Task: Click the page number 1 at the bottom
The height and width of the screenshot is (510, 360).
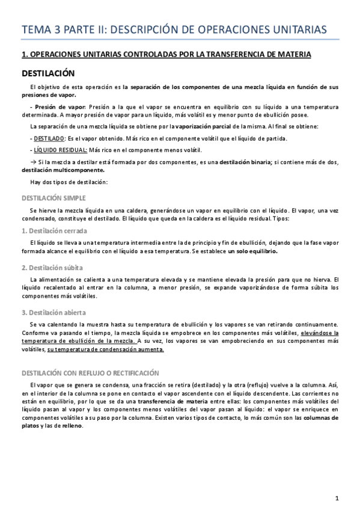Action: tap(337, 498)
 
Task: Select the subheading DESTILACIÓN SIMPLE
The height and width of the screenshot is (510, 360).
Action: tap(53, 198)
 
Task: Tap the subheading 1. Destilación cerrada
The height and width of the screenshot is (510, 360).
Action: tap(54, 231)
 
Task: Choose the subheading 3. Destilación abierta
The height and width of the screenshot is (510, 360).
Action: tap(53, 312)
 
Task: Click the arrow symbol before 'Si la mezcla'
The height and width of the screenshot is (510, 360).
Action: tap(32, 162)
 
